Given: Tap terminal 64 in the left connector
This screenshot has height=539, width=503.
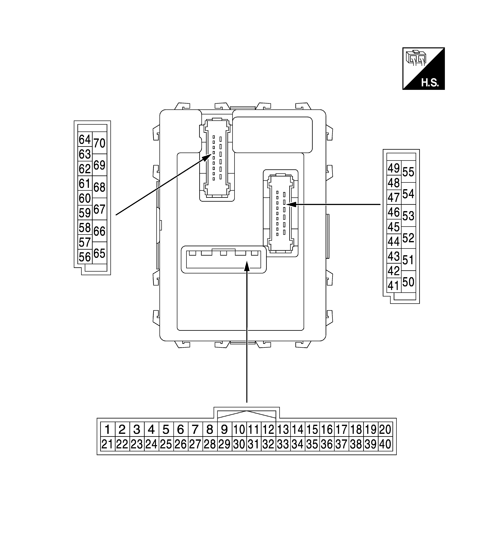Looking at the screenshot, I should pos(85,140).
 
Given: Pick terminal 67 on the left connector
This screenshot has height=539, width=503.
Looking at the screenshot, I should pos(99,209).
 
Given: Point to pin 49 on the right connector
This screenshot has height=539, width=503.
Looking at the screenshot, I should pos(394,168).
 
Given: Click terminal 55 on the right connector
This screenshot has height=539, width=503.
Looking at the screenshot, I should pos(408,172).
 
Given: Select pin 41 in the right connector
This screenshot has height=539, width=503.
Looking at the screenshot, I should pos(394,285).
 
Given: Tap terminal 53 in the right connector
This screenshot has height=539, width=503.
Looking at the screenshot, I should pos(408,216).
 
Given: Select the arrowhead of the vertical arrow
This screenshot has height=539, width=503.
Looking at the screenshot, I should pos(246,266).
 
